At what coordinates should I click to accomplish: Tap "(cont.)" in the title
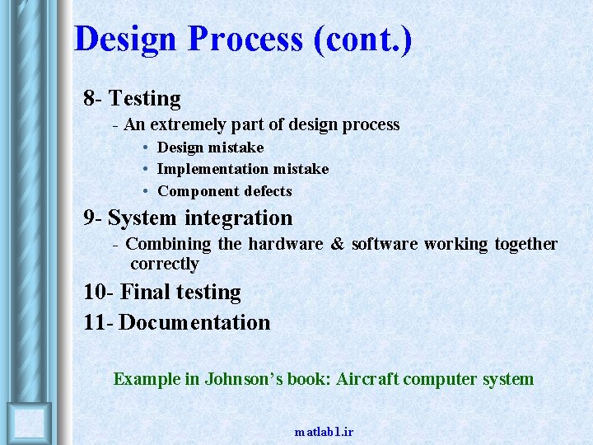[x=362, y=40]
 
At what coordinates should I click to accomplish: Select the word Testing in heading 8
[x=145, y=99]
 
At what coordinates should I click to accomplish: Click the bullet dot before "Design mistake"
[x=144, y=148]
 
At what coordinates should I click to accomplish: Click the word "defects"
[x=266, y=191]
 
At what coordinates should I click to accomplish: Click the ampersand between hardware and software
[x=337, y=245]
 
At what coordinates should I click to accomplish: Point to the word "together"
[x=525, y=245]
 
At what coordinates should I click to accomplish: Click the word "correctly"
[x=165, y=265]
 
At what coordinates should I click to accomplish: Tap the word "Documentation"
[x=194, y=322]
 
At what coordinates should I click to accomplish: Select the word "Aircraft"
[x=367, y=380]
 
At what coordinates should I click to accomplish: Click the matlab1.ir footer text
[x=324, y=432]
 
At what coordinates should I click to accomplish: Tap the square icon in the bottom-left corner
[x=29, y=423]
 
